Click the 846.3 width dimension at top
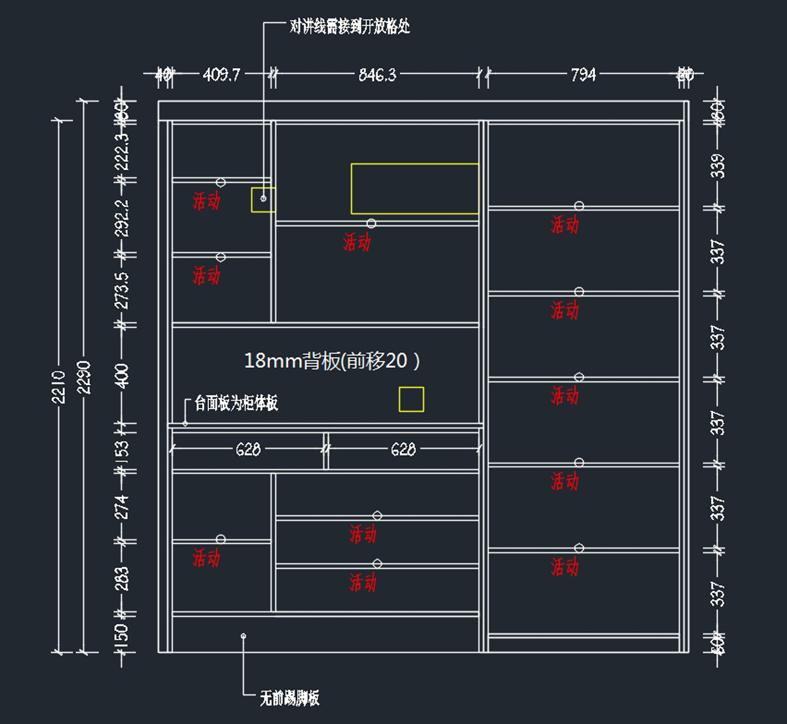tap(377, 75)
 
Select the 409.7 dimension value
tap(222, 75)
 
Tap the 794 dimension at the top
tap(583, 75)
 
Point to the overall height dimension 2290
tap(84, 377)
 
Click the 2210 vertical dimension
tap(59, 386)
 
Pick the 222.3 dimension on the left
tap(122, 151)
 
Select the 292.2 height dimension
tap(122, 217)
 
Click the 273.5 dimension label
tap(122, 291)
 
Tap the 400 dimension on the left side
tap(122, 376)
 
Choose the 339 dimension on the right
tap(718, 165)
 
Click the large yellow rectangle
tap(414, 189)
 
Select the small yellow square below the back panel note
tap(411, 399)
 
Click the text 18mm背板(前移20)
tap(332, 361)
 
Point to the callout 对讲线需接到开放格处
tap(350, 27)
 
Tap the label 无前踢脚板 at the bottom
tap(289, 698)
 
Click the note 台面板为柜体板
tap(236, 403)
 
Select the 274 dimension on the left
tap(122, 507)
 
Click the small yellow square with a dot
tap(263, 199)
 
